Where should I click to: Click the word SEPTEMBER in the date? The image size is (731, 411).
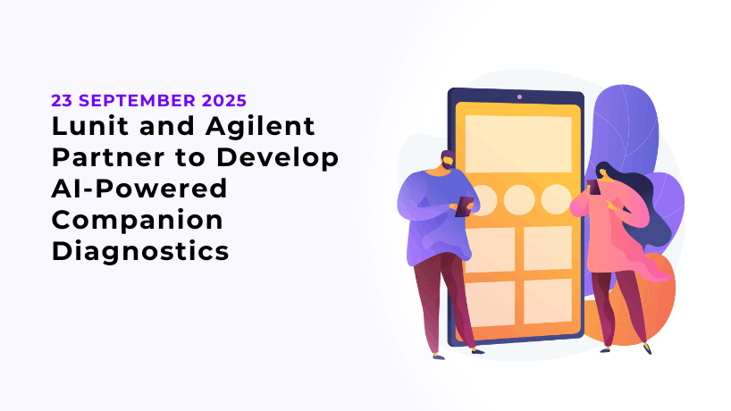point(138,101)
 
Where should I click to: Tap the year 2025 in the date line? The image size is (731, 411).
point(224,101)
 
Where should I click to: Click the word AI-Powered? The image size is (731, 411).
point(139,189)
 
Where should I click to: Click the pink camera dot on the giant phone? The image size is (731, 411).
point(519,96)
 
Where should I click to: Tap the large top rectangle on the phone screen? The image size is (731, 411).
point(518,144)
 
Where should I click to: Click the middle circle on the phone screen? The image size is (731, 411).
point(519,200)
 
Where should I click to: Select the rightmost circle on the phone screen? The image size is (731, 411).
point(556,199)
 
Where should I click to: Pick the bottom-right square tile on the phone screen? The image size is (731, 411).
point(548,301)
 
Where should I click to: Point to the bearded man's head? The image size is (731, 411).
point(448,161)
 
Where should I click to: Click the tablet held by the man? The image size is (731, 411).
point(465,206)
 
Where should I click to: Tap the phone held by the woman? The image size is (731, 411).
point(594,187)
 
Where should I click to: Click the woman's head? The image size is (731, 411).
point(604,172)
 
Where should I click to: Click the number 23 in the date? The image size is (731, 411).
point(62,101)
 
